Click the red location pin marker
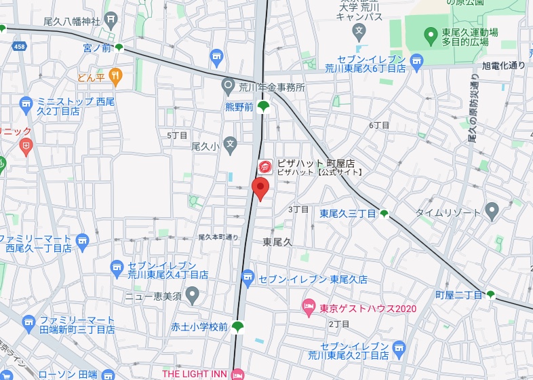[x=260, y=188]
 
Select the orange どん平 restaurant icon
[x=115, y=77]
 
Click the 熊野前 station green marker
[x=263, y=106]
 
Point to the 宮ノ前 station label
[x=96, y=47]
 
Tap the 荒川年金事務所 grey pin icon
[x=229, y=86]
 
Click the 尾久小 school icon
[x=231, y=145]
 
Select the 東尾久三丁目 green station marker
[x=384, y=214]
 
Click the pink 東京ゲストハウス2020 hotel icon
[x=309, y=308]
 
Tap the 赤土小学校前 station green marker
[x=237, y=327]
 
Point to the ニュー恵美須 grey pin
[x=192, y=296]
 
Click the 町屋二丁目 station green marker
[x=490, y=294]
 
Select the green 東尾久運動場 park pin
[x=430, y=34]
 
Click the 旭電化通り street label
[x=503, y=65]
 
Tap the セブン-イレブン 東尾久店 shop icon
[x=248, y=278]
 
